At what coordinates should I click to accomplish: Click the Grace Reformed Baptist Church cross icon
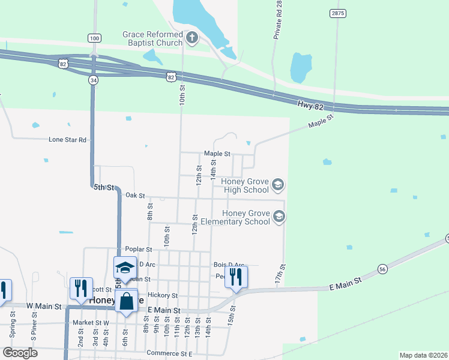point(191,39)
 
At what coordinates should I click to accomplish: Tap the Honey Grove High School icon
point(277,185)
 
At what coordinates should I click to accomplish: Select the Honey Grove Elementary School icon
point(278,216)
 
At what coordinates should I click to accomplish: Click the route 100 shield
point(94,38)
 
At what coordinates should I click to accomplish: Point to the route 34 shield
point(92,80)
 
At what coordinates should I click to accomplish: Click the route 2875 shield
point(337,13)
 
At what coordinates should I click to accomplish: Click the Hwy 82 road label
point(310,104)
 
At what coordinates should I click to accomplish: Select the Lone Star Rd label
point(68,139)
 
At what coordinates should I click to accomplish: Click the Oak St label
point(136,196)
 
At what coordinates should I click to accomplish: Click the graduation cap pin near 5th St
point(125,268)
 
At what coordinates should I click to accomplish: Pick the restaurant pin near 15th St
point(235,276)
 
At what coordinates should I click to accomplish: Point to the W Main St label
point(46,307)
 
